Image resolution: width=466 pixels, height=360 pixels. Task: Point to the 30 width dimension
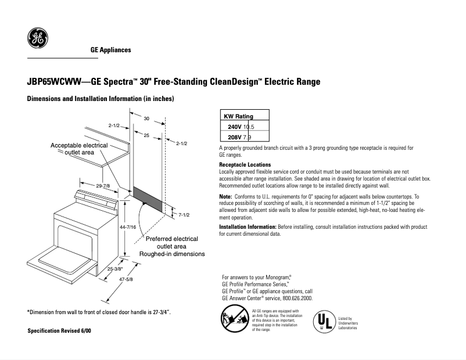(146, 118)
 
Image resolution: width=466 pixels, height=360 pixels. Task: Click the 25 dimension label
(146, 135)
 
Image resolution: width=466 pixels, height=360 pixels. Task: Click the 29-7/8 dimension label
(103, 185)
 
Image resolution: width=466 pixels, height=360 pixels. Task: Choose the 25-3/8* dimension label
(115, 269)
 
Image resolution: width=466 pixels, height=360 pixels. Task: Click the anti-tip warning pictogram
(234, 319)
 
